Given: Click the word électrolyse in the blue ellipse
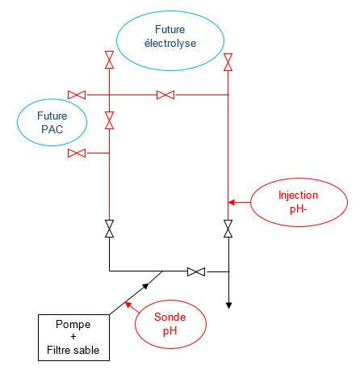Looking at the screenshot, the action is [170, 43].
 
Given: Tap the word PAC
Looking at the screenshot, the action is [52, 129].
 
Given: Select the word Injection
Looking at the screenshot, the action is [298, 196].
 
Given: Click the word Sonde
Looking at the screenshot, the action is [170, 317].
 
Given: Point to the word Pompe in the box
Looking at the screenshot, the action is [73, 325].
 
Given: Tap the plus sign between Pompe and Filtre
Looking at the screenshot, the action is [73, 337].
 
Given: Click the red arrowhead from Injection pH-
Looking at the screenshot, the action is [232, 202].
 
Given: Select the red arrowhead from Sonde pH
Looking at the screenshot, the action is [128, 305].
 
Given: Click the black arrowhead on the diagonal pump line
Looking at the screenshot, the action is [145, 286].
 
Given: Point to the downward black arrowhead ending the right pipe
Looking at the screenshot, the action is [228, 305].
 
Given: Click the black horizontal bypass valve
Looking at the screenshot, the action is [196, 271].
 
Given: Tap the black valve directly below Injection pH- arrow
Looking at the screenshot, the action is [228, 229].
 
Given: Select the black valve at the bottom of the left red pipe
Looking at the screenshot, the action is [109, 229].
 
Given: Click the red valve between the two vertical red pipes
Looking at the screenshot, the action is [165, 95].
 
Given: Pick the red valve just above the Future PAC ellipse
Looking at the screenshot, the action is [77, 95].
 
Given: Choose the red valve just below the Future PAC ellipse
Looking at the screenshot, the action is [77, 153].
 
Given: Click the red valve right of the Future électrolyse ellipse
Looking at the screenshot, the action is [228, 62].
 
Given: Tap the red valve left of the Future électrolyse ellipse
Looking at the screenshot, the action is [109, 60].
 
